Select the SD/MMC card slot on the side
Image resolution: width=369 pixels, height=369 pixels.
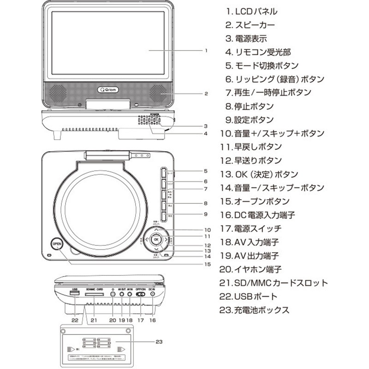[x=95, y=294]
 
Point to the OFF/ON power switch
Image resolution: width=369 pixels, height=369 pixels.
[x=141, y=294]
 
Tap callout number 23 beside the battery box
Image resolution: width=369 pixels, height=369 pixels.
[x=159, y=342]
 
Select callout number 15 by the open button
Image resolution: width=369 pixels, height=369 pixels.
[x=207, y=264]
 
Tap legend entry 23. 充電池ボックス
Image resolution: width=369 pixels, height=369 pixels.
[x=255, y=310]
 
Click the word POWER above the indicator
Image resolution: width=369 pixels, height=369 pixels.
[x=156, y=113]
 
